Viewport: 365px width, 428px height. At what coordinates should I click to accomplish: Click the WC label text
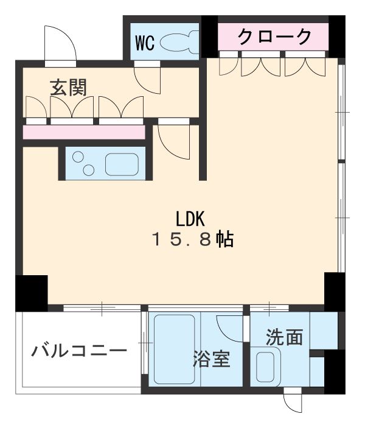145,43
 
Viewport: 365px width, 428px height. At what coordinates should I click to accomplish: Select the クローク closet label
274,37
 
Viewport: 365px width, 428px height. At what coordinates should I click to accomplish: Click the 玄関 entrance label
68,87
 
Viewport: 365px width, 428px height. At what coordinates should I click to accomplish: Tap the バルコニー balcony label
80,352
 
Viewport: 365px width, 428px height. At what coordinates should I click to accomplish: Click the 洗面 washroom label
284,337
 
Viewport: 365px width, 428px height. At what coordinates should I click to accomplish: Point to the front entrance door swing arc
61,43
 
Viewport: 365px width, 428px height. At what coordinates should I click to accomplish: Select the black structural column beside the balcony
31,292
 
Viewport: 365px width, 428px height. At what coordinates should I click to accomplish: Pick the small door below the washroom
293,402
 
